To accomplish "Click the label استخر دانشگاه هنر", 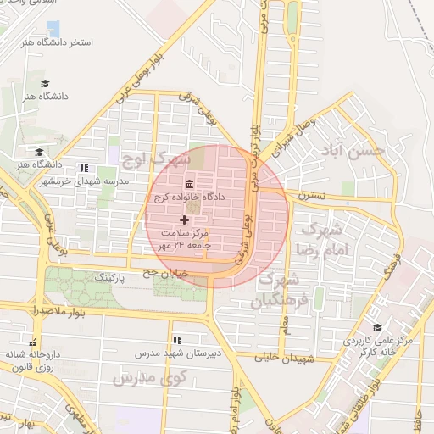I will click(61, 42).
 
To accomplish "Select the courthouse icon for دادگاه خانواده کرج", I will click(188, 184).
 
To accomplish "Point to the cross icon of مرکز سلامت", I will click(185, 220).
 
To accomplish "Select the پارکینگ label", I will click(110, 277).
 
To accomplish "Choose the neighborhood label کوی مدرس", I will click(136, 376).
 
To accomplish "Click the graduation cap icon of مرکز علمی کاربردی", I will click(377, 327).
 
